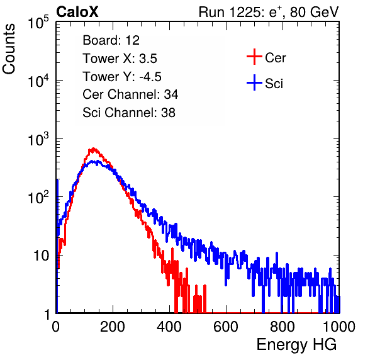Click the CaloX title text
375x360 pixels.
pyautogui.click(x=77, y=12)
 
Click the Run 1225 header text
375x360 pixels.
pyautogui.click(x=269, y=12)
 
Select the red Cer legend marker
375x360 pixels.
pyautogui.click(x=254, y=57)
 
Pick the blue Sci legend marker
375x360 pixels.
pyautogui.click(x=254, y=82)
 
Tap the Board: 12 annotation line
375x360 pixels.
pyautogui.click(x=111, y=40)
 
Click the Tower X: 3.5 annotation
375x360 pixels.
pyautogui.click(x=120, y=59)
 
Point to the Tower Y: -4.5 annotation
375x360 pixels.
pyautogui.click(x=122, y=77)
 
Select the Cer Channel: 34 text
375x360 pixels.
pyautogui.click(x=130, y=94)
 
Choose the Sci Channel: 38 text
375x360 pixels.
pyautogui.click(x=129, y=113)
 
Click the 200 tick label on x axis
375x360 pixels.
pyautogui.click(x=113, y=327)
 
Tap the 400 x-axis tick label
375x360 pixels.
pyautogui.click(x=169, y=327)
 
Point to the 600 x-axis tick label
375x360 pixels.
pyautogui.click(x=226, y=327)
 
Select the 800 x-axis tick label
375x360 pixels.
pyautogui.click(x=283, y=327)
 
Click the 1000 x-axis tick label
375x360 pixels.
pyautogui.click(x=339, y=327)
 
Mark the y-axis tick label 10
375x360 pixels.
pyautogui.click(x=42, y=256)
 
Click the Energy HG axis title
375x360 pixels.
pyautogui.click(x=296, y=345)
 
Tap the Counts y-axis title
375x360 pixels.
pyautogui.click(x=9, y=49)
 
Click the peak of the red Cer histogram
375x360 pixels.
pyautogui.click(x=94, y=149)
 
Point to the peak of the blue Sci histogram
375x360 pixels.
pyautogui.click(x=98, y=161)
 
